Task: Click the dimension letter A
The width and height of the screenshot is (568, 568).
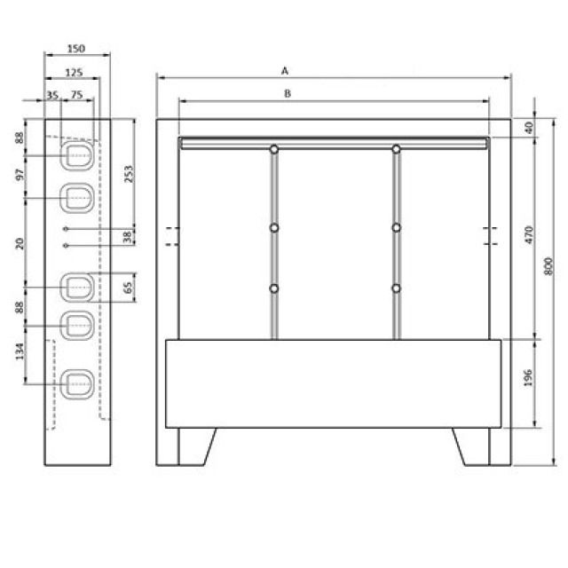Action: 285,68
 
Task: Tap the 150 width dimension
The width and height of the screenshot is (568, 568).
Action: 77,50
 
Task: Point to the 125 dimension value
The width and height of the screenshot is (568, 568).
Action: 75,72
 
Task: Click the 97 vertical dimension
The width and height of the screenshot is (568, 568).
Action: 19,175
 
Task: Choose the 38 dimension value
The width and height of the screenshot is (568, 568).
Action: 129,236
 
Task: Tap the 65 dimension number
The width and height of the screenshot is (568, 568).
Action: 129,287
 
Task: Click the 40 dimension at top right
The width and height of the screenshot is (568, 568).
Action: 529,128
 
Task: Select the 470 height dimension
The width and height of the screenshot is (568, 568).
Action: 529,235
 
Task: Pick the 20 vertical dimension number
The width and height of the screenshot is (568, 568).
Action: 19,242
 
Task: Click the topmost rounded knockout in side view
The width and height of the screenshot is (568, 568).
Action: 77,155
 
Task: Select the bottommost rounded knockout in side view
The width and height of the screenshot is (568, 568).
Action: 77,385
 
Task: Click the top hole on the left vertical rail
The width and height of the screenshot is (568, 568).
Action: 274,148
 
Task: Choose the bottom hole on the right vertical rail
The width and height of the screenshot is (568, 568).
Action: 397,288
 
